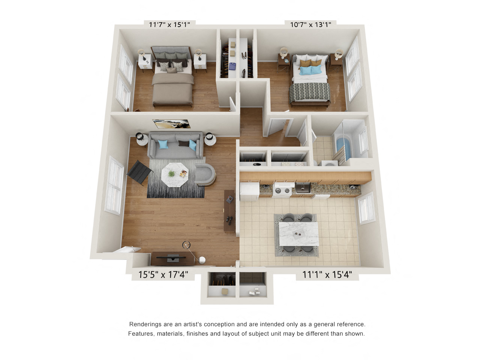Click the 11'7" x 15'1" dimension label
coord(169,25)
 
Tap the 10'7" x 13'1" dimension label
coord(310,25)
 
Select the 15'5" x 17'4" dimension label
coord(163,274)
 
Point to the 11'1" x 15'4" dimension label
coord(327,274)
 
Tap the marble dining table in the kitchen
coord(298,234)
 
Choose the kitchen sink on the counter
coord(303,187)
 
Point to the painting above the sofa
coord(171,124)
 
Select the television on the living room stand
coord(172,258)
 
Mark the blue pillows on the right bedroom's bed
coord(311,70)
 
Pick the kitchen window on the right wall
coord(366,208)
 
